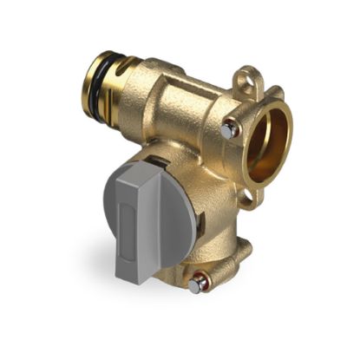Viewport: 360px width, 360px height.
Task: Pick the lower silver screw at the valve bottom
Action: point(200,283)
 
